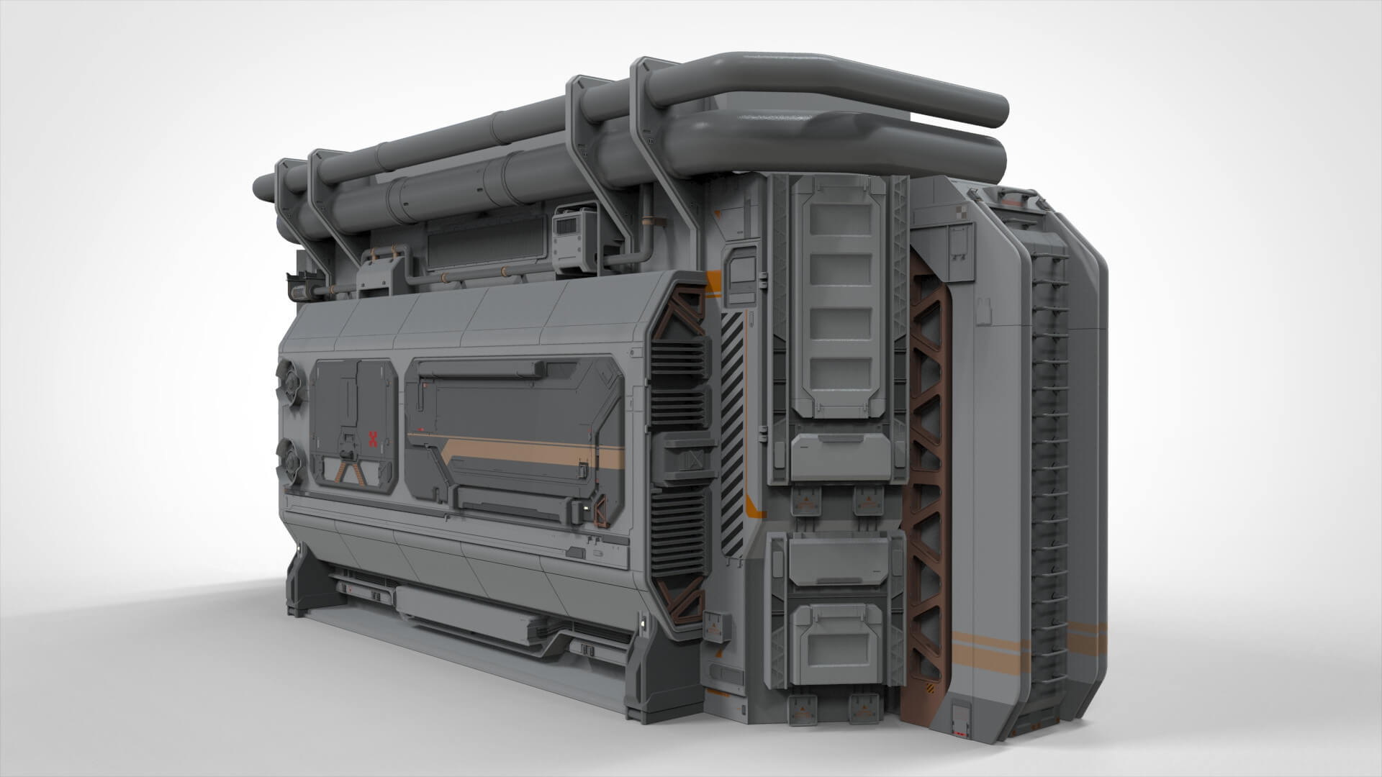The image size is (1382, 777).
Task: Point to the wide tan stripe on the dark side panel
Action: pyautogui.click(x=533, y=452)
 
